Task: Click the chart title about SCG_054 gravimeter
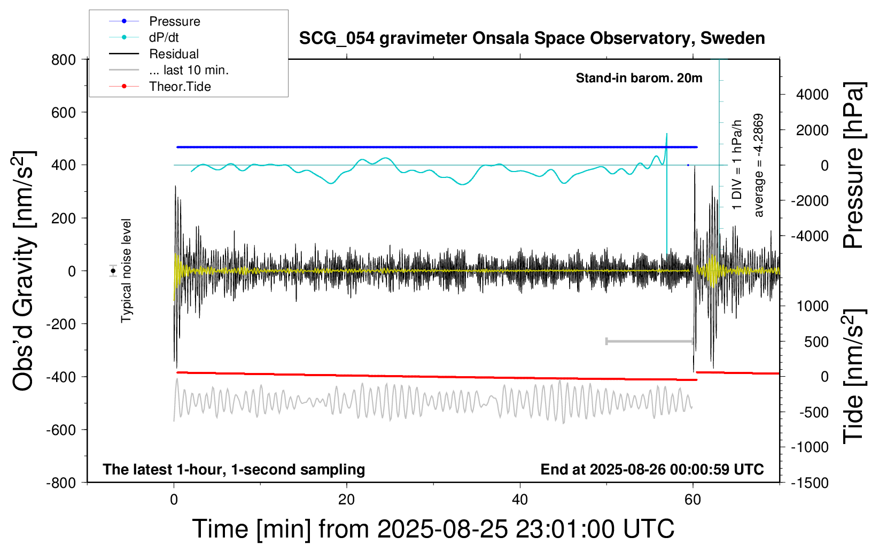pyautogui.click(x=532, y=38)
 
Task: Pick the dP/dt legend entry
pyautogui.click(x=164, y=37)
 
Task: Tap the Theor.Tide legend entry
pyautogui.click(x=180, y=87)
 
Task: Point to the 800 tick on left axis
pyautogui.click(x=64, y=60)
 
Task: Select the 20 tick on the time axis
pyautogui.click(x=346, y=500)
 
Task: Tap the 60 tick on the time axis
pyautogui.click(x=693, y=500)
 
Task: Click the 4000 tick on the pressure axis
pyautogui.click(x=812, y=95)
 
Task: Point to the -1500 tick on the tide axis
pyautogui.click(x=810, y=483)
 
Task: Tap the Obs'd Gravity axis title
pyautogui.click(x=24, y=271)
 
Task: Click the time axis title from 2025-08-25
pyautogui.click(x=433, y=529)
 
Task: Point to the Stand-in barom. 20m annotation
pyautogui.click(x=639, y=78)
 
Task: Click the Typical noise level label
pyautogui.click(x=126, y=271)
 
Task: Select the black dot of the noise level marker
pyautogui.click(x=113, y=271)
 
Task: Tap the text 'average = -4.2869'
pyautogui.click(x=758, y=165)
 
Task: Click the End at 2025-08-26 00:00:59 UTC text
pyautogui.click(x=652, y=469)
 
